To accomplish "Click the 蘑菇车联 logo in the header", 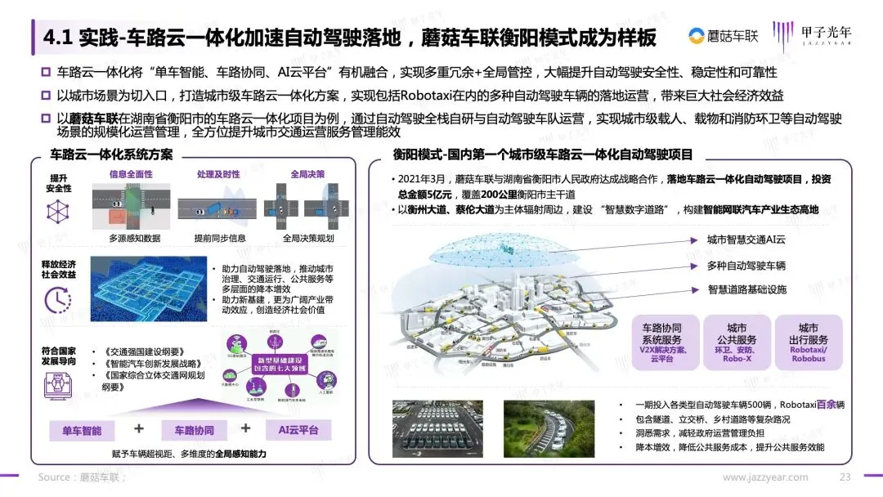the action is coord(723,35).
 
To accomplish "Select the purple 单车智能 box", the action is coord(83,430).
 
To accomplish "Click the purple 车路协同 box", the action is coord(193,430).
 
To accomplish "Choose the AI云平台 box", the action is coord(298,430).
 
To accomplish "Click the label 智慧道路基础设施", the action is coord(746,289).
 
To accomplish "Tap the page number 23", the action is coord(845,477).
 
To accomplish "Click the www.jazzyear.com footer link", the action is coord(764,477).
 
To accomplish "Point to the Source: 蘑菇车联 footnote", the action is coord(82,477).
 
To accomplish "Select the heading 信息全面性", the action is coord(131,174).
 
